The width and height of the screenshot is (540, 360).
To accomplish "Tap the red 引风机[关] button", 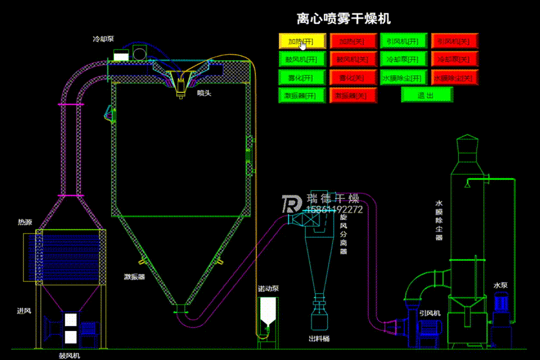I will [454, 41].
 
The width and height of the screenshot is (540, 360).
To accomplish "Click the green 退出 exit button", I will [426, 95].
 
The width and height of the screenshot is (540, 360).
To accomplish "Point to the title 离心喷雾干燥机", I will [343, 19].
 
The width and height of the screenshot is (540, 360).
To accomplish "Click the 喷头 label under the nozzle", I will [204, 93].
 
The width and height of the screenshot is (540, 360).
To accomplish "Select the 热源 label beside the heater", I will [25, 222].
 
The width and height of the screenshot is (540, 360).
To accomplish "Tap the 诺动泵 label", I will [267, 288].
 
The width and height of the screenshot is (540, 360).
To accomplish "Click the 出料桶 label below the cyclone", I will [319, 338].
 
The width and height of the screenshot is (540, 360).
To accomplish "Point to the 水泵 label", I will [501, 285].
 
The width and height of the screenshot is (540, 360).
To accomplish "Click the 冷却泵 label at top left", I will [103, 39].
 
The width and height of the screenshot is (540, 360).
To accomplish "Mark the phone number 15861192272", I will [336, 210].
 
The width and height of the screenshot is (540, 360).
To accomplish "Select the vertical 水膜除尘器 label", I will [438, 219].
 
